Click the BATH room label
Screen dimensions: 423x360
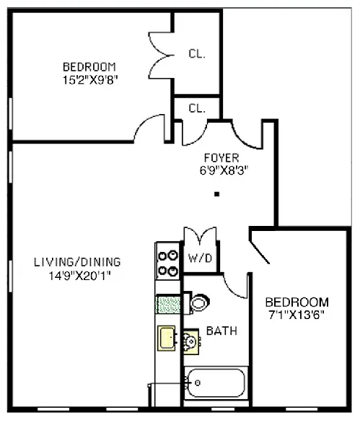click(219, 331)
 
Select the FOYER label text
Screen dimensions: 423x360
click(221, 157)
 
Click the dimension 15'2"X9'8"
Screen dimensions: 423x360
click(90, 80)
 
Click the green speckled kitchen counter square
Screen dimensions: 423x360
click(167, 304)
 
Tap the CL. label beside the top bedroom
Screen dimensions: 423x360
click(196, 52)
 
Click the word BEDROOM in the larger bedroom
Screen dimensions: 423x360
click(90, 68)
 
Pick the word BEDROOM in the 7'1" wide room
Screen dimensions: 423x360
click(297, 302)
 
